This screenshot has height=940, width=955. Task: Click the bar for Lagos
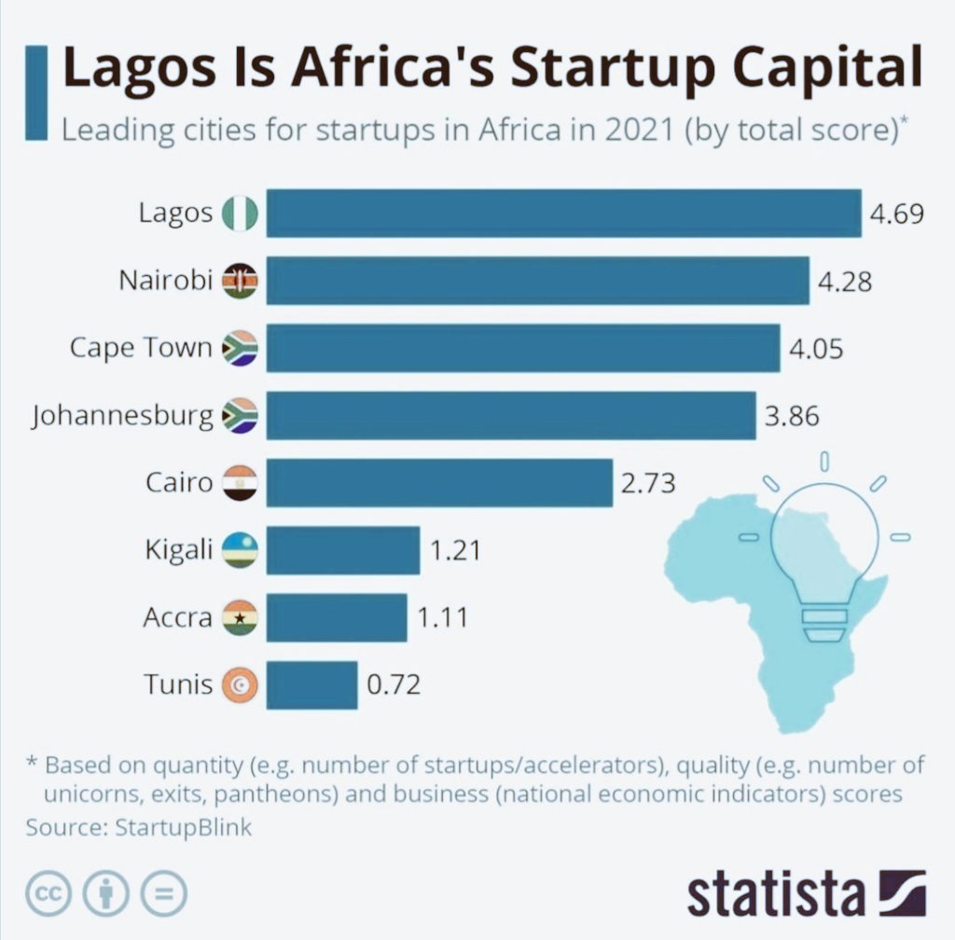pyautogui.click(x=563, y=213)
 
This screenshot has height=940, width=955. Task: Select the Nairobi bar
pyautogui.click(x=537, y=280)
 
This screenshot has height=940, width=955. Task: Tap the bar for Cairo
pyautogui.click(x=439, y=482)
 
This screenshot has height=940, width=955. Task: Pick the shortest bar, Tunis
pyautogui.click(x=311, y=684)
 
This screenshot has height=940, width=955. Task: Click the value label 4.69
pyautogui.click(x=896, y=214)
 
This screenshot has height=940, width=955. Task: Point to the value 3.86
pyautogui.click(x=792, y=416)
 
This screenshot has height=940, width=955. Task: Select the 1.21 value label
pyautogui.click(x=455, y=550)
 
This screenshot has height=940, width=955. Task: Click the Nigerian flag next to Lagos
pyautogui.click(x=240, y=214)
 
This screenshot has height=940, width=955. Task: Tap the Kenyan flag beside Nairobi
pyautogui.click(x=240, y=281)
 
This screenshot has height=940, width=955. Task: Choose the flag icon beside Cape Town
pyautogui.click(x=240, y=348)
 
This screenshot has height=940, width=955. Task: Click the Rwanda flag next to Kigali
pyautogui.click(x=240, y=550)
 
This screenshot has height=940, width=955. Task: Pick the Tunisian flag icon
pyautogui.click(x=240, y=685)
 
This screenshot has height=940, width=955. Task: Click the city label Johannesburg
pyautogui.click(x=122, y=416)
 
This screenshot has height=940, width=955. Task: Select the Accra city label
pyautogui.click(x=177, y=617)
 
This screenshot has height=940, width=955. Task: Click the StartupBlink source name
pyautogui.click(x=183, y=827)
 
